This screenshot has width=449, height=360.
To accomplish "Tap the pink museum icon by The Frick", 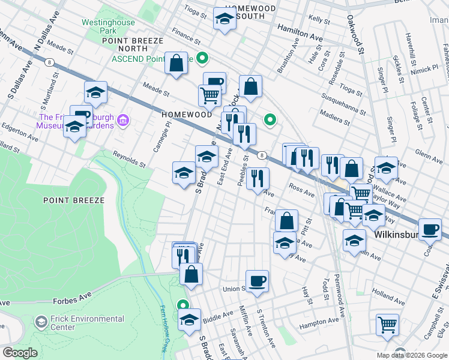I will pos(124,121).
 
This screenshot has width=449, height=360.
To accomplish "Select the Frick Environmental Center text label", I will pos(79,323).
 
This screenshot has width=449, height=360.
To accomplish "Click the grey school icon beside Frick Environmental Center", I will pos(41,323).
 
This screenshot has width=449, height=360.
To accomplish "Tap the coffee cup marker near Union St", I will pos(257,281).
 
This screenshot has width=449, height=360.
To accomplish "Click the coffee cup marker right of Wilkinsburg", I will pos(430,229).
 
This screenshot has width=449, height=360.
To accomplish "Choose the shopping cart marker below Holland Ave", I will pos(387,325).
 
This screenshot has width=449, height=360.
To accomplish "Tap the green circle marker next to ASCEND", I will pos(203,58).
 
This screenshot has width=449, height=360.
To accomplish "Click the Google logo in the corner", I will pos(20,353).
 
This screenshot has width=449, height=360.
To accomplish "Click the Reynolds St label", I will pos(129,159).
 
